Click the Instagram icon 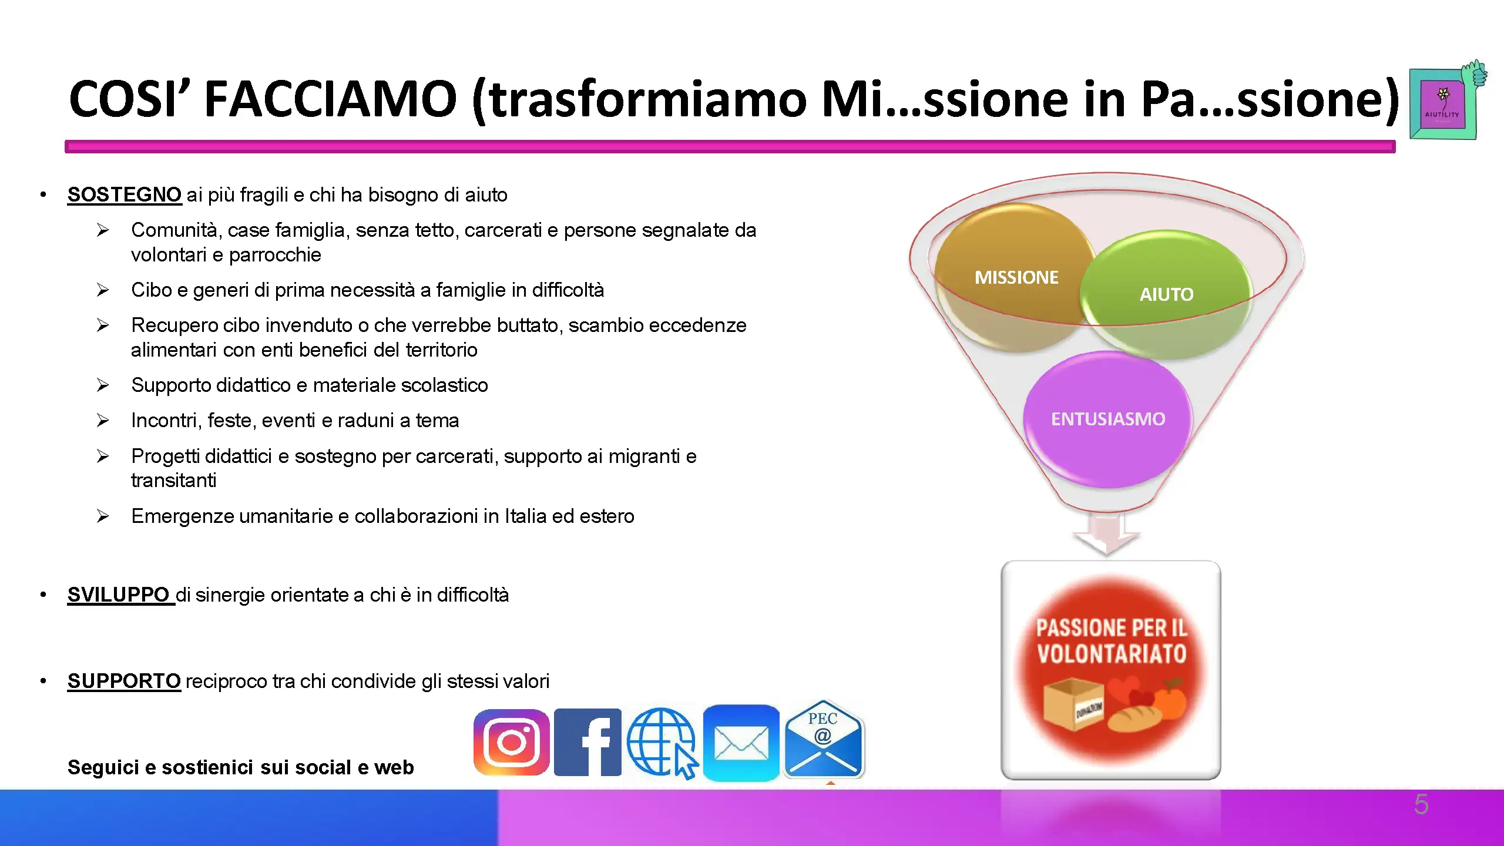coord(512,743)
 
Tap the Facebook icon coord(587,743)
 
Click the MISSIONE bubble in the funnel coord(1016,277)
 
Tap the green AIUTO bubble coord(1166,294)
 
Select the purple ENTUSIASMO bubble coord(1108,419)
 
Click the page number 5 coord(1421,804)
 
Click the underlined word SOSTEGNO coord(125,194)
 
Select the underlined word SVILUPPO coord(119,595)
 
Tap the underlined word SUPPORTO coord(124,681)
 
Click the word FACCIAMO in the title coord(330,98)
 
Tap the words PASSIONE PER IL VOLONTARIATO coord(1112,641)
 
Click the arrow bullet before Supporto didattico coord(103,385)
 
